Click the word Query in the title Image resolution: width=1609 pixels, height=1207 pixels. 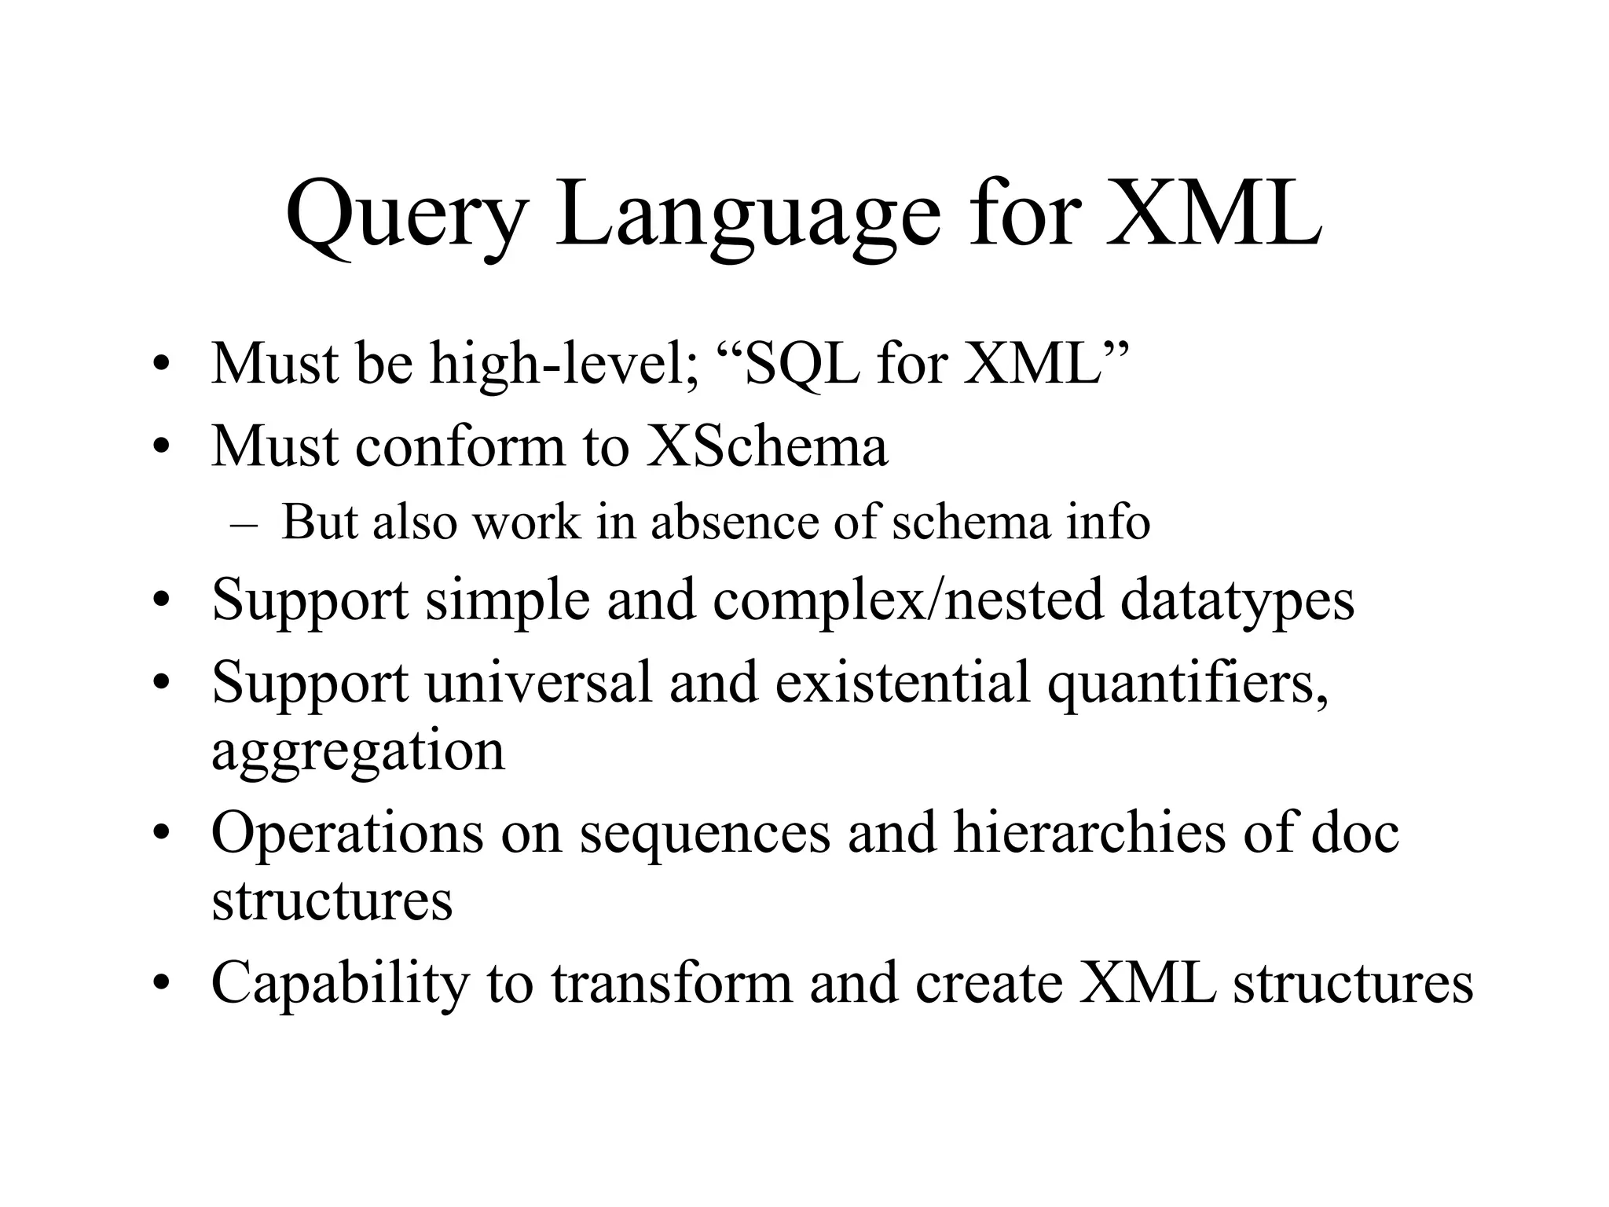click(405, 214)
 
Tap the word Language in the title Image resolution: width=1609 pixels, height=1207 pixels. click(746, 214)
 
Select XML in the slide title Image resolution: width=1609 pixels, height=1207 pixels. click(1213, 214)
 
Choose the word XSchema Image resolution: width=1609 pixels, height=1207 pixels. click(767, 446)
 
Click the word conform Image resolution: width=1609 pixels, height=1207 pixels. click(460, 446)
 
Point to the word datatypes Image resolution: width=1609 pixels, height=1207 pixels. click(1237, 600)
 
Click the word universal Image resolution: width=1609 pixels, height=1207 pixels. click(539, 682)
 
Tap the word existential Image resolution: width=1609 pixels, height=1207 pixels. click(902, 682)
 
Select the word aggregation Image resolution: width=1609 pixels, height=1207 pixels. click(357, 751)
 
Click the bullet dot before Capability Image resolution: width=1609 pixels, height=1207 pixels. click(162, 984)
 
